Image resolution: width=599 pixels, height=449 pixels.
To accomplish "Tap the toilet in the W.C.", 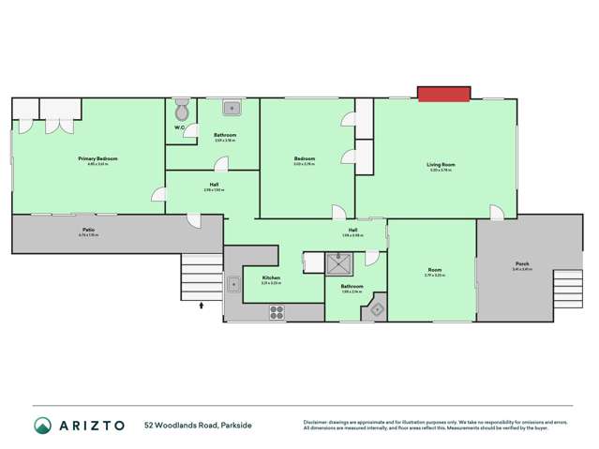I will pyautogui.click(x=182, y=112).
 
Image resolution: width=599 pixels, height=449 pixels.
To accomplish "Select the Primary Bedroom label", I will pyautogui.click(x=97, y=159).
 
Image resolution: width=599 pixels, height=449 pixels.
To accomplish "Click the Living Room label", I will pyautogui.click(x=440, y=165).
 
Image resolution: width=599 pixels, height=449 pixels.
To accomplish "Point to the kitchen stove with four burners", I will pyautogui.click(x=277, y=310).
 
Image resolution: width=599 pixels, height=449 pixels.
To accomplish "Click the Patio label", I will pyautogui.click(x=87, y=230).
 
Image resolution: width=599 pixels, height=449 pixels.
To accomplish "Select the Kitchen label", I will pyautogui.click(x=270, y=277).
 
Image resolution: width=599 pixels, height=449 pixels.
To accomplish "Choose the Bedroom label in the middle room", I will pyautogui.click(x=304, y=158).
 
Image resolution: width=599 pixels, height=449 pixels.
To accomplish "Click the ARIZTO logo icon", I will pyautogui.click(x=42, y=425).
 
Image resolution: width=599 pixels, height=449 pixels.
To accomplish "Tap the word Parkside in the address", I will pyautogui.click(x=234, y=425).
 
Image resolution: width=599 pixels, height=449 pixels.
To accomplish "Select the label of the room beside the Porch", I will pyautogui.click(x=433, y=272).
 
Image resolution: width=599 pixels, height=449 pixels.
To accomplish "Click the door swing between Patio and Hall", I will pyautogui.click(x=194, y=220).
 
